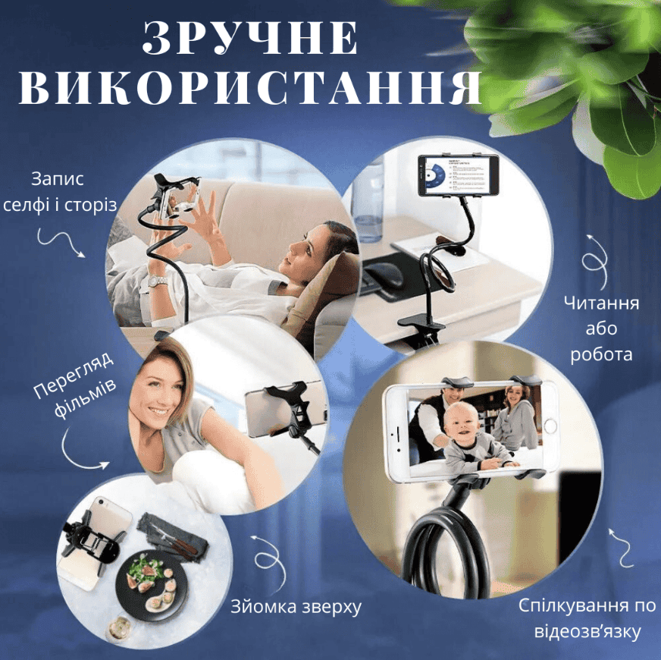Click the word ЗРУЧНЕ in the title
click(x=250, y=38)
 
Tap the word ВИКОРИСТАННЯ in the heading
click(x=249, y=87)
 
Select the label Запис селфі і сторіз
click(x=58, y=192)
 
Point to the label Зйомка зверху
click(x=296, y=607)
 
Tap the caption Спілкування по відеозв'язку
click(x=587, y=618)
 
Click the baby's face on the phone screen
click(x=462, y=423)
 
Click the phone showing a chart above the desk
click(x=459, y=175)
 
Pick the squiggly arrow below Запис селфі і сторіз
click(x=61, y=242)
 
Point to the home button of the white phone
click(x=550, y=426)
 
